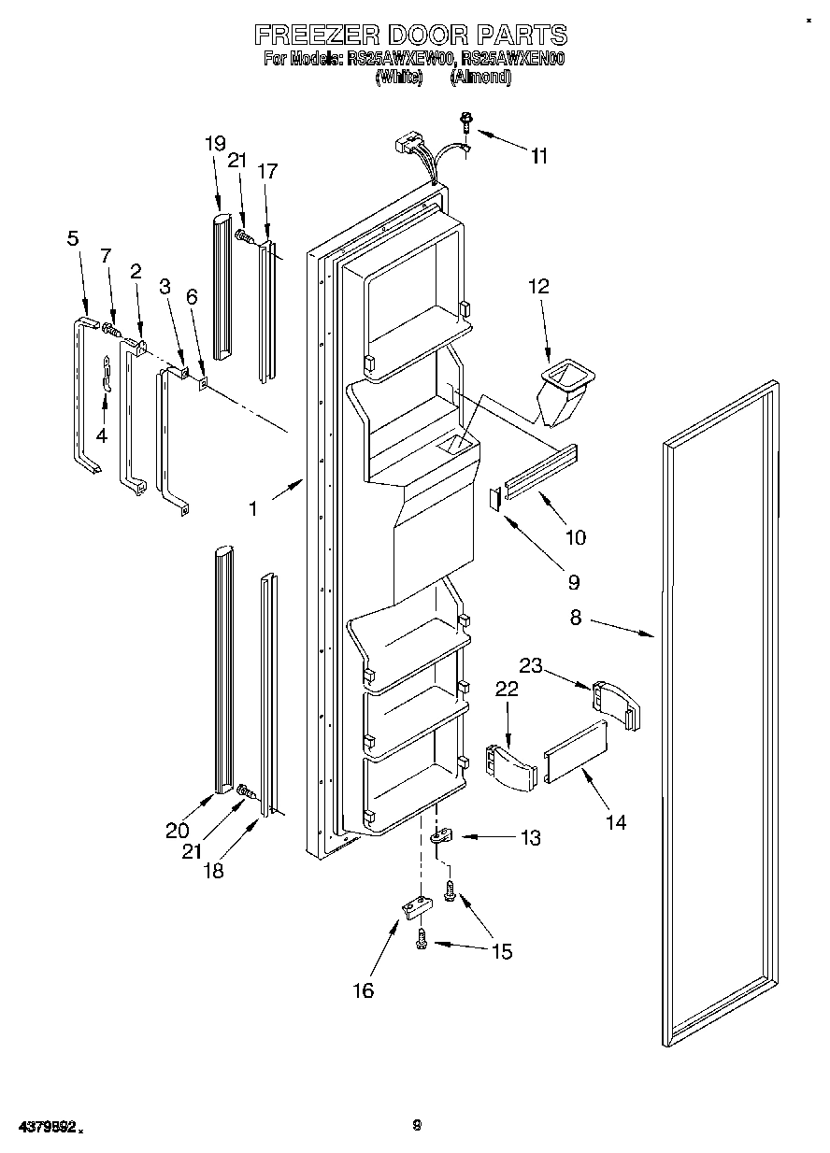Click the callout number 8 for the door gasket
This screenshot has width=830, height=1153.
click(x=576, y=617)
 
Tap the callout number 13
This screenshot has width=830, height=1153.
click(x=530, y=838)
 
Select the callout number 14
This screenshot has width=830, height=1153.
click(x=616, y=822)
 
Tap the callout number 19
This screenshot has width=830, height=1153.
click(x=215, y=144)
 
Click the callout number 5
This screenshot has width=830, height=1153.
click(x=73, y=238)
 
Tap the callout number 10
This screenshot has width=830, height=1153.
click(x=576, y=537)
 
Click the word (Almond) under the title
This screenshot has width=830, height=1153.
click(x=480, y=79)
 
